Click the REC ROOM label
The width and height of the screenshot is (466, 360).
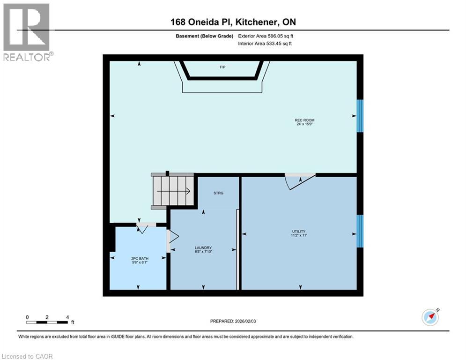305,120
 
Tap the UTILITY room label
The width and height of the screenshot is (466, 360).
298,231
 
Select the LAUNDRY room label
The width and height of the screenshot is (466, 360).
203,247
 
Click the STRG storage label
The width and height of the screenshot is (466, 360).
218,193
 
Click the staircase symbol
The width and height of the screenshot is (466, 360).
172,190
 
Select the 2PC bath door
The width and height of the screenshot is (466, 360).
143,228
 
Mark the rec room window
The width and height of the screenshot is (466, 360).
360,116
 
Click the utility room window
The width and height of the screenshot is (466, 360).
360,231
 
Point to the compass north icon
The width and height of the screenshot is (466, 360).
430,317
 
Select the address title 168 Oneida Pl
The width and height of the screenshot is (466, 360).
233,22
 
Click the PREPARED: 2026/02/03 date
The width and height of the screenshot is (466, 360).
234,321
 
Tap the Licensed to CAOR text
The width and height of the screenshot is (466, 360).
27,356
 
